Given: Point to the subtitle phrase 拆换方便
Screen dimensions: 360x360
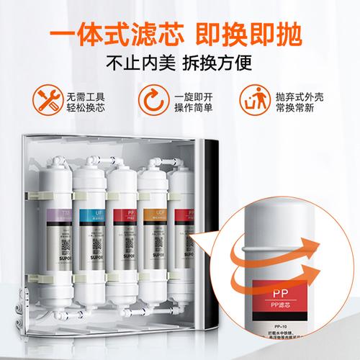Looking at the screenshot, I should (x=222, y=62).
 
